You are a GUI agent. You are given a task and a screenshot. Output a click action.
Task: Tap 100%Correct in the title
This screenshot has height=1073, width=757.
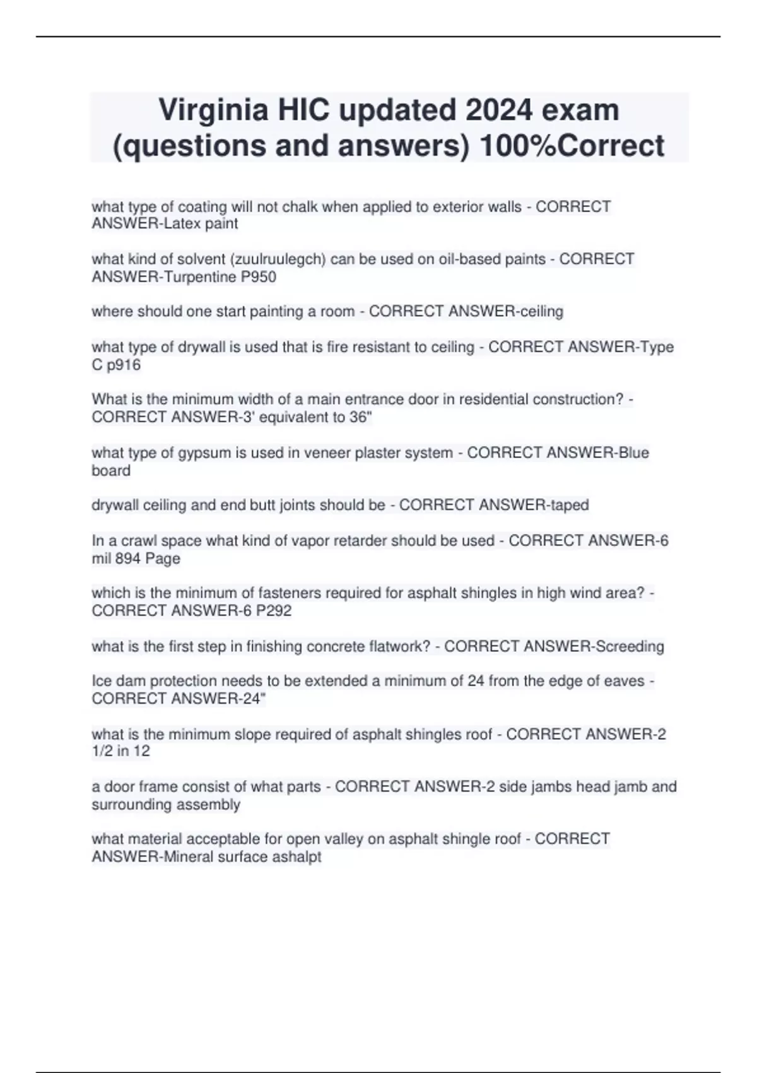(572, 146)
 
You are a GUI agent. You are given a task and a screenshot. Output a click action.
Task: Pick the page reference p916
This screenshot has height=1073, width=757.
(124, 365)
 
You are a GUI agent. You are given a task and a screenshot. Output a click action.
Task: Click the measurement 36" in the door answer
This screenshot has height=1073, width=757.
(360, 417)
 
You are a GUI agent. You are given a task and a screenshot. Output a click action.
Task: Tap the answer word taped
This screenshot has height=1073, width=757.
(569, 505)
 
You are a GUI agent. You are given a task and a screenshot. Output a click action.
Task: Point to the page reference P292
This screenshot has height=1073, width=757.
(273, 610)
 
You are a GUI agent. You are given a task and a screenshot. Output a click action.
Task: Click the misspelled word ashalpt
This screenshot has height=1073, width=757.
(297, 857)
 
